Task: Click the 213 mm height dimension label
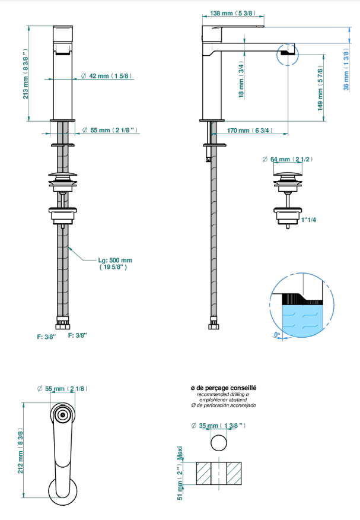point(26,74)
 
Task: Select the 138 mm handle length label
point(233,13)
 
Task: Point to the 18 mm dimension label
point(241,79)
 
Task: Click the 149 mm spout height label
point(320,88)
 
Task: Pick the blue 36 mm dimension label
point(346,69)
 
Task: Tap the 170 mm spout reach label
point(250,131)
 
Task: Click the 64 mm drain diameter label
point(288,159)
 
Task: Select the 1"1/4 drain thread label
point(308,220)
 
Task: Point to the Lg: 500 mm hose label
point(114,264)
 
